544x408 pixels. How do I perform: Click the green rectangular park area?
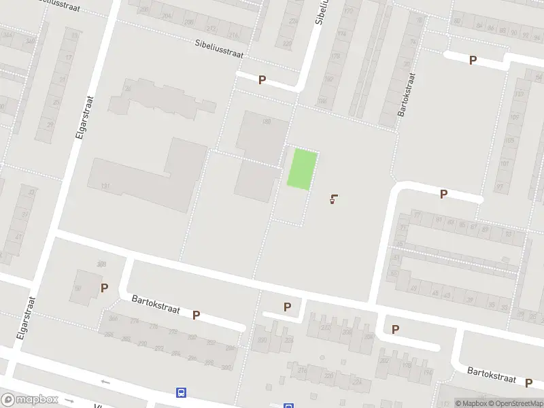click(302, 169)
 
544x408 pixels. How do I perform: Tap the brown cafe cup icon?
click(333, 199)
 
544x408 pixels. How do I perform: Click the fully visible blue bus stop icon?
click(181, 392)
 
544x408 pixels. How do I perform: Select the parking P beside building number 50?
click(104, 288)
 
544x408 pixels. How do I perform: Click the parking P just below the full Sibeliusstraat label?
click(262, 80)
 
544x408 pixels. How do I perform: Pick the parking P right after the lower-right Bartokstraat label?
click(528, 383)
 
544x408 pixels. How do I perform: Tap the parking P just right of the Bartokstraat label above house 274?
click(196, 315)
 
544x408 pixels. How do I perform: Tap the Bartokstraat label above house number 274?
click(156, 304)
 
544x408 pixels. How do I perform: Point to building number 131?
click(105, 186)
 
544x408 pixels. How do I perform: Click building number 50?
click(78, 289)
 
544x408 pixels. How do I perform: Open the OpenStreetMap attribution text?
click(514, 403)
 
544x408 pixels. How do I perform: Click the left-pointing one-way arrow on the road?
click(105, 381)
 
